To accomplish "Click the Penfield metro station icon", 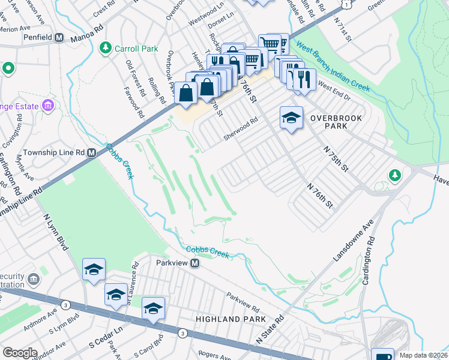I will point(59,37).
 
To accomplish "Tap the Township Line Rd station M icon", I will point(91,152).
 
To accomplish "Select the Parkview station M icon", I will point(195,263).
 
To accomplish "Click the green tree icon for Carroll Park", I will point(106,47).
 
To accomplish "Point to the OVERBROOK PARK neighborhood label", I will point(336,123).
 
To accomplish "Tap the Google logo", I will point(20,353).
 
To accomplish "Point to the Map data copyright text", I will point(423,355).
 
